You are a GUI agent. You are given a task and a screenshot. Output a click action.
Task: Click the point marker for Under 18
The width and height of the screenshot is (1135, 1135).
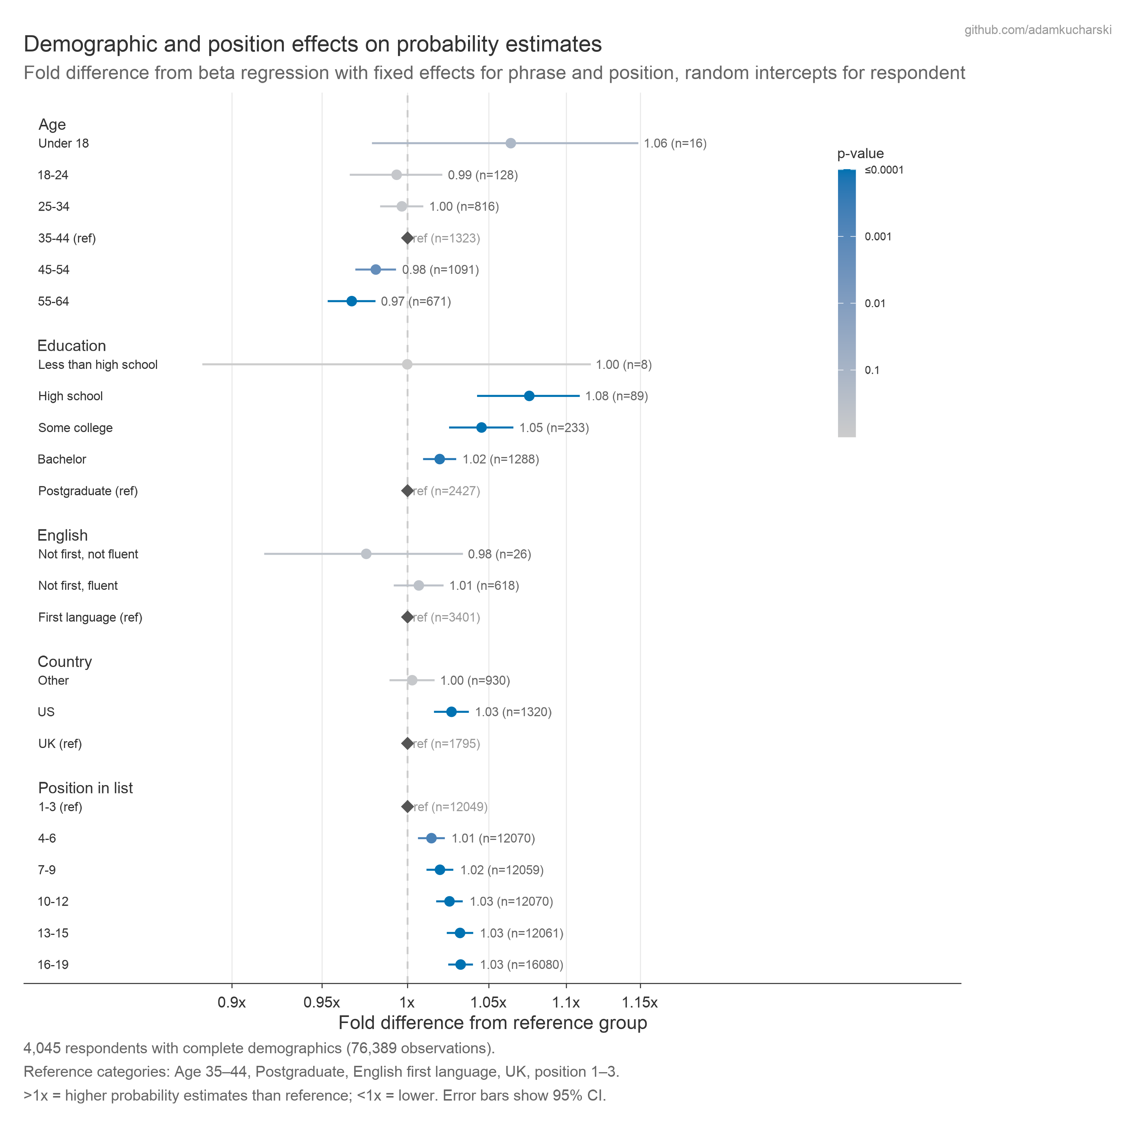pyautogui.click(x=510, y=143)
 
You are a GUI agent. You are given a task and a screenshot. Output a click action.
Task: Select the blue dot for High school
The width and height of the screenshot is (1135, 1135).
pyautogui.click(x=529, y=396)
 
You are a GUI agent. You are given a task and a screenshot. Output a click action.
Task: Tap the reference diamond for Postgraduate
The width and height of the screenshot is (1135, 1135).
pyautogui.click(x=407, y=491)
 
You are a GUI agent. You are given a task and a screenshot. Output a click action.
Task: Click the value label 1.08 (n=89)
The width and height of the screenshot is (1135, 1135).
pyautogui.click(x=616, y=396)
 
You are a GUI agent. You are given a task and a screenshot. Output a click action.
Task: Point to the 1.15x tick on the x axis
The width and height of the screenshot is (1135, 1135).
pyautogui.click(x=640, y=1002)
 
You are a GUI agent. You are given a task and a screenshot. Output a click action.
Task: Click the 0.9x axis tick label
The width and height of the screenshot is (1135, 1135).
pyautogui.click(x=232, y=1002)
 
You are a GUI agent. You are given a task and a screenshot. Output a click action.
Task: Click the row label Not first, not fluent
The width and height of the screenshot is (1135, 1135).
pyautogui.click(x=88, y=554)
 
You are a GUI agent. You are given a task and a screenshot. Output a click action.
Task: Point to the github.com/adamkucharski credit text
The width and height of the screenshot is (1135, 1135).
pyautogui.click(x=1037, y=30)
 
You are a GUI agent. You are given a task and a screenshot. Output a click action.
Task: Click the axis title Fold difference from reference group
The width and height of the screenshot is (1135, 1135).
pyautogui.click(x=492, y=1023)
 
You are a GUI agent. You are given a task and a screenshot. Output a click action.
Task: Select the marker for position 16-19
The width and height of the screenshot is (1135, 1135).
pyautogui.click(x=460, y=965)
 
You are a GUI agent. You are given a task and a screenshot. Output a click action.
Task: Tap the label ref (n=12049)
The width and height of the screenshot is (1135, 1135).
pyautogui.click(x=451, y=807)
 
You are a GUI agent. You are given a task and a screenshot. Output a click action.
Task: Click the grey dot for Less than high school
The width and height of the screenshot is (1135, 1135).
pyautogui.click(x=407, y=364)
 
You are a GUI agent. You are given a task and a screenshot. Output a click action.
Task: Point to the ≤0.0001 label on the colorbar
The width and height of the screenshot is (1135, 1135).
pyautogui.click(x=883, y=170)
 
